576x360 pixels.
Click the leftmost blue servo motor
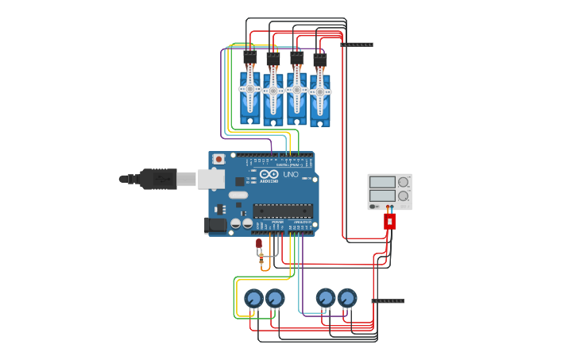[x=250, y=94]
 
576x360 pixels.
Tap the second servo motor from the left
[x=273, y=96]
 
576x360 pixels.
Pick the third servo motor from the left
[x=297, y=95]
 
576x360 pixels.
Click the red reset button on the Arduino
[x=218, y=159]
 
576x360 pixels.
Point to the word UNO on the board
[x=291, y=174]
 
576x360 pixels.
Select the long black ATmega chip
[x=282, y=211]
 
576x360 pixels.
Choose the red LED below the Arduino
[x=258, y=243]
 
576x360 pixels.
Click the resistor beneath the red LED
[x=261, y=257]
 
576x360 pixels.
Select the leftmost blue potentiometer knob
[x=253, y=299]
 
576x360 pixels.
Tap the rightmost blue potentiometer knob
[x=347, y=298]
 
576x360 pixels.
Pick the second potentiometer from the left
[x=275, y=299]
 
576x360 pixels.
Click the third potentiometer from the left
[x=326, y=298]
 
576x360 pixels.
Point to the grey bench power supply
[x=389, y=192]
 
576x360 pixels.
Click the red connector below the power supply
[x=389, y=221]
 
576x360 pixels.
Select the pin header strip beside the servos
[x=357, y=45]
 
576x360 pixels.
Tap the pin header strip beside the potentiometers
[x=388, y=301]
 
